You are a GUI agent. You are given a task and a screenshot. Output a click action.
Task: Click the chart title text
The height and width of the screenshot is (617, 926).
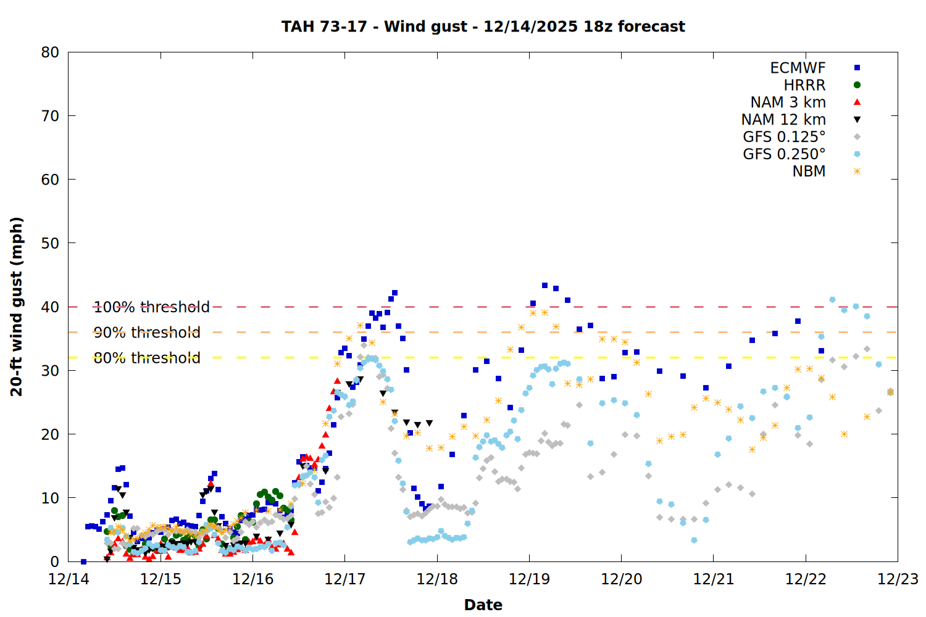[483, 27]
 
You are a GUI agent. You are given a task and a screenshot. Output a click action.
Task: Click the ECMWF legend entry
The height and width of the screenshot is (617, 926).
[798, 68]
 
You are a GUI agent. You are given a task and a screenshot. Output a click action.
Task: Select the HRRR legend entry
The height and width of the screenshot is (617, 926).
[804, 85]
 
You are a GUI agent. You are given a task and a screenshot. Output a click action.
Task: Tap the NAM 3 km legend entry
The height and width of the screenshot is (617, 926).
[788, 102]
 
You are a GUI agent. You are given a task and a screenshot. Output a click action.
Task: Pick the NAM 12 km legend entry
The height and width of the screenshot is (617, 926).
[783, 120]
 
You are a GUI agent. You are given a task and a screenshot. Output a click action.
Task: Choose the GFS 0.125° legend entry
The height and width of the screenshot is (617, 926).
[784, 137]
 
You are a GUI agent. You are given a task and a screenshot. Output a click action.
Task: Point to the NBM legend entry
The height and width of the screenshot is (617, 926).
[809, 172]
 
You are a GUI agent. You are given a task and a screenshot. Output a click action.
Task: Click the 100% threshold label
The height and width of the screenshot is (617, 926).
[151, 307]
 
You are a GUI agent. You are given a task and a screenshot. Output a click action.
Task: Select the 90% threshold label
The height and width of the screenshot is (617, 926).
[147, 333]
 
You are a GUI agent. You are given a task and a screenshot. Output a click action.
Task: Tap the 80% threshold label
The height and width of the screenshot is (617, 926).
[147, 358]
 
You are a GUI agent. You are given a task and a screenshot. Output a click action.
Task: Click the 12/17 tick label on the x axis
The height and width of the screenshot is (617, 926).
[344, 579]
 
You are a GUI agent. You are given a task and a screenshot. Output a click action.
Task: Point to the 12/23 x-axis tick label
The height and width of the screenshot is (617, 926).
[898, 579]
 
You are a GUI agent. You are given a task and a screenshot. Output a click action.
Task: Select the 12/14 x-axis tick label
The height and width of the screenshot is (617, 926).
[69, 579]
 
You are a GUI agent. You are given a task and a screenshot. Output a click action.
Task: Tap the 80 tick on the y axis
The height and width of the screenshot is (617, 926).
[50, 52]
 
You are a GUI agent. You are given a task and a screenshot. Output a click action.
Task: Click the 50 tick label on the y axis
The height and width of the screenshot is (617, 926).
[50, 243]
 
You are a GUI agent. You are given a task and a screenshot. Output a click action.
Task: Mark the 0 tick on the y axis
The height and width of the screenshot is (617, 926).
[54, 561]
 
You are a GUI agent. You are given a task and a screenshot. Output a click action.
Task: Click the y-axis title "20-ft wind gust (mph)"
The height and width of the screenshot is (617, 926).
[17, 307]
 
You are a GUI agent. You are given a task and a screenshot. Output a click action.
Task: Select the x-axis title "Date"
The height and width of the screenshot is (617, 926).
[483, 605]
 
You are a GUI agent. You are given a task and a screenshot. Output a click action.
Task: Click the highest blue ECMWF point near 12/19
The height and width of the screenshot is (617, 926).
[544, 285]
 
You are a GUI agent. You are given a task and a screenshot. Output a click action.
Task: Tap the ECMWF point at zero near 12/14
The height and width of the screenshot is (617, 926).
[83, 561]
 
